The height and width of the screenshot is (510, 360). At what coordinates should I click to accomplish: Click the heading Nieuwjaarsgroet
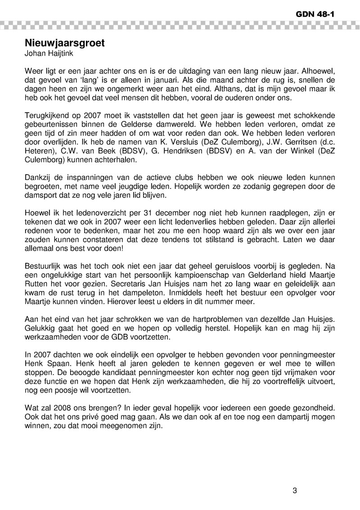tap(65, 44)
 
